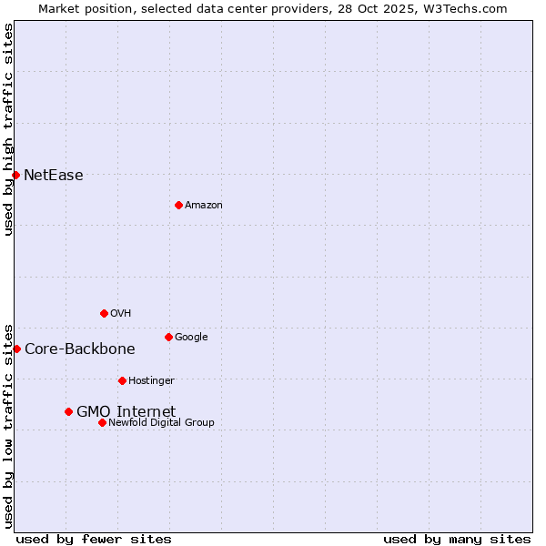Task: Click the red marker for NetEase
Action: [16, 175]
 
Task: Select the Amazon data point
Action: [178, 205]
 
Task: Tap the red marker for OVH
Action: [104, 313]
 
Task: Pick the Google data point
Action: [168, 337]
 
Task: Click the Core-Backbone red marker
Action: [16, 349]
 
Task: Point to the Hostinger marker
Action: [122, 380]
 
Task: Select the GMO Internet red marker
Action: [68, 411]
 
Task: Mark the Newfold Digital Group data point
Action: [102, 422]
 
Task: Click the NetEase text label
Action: [53, 176]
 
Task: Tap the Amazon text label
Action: [204, 206]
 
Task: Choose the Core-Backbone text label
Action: [79, 349]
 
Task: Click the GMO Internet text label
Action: [126, 412]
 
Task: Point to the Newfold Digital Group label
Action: [161, 422]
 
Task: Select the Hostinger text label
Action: [151, 380]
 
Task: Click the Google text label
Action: [191, 338]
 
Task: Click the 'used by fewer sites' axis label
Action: [94, 539]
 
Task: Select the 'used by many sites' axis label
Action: [457, 539]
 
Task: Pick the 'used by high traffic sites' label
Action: [8, 129]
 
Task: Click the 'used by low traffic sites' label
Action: [8, 425]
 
